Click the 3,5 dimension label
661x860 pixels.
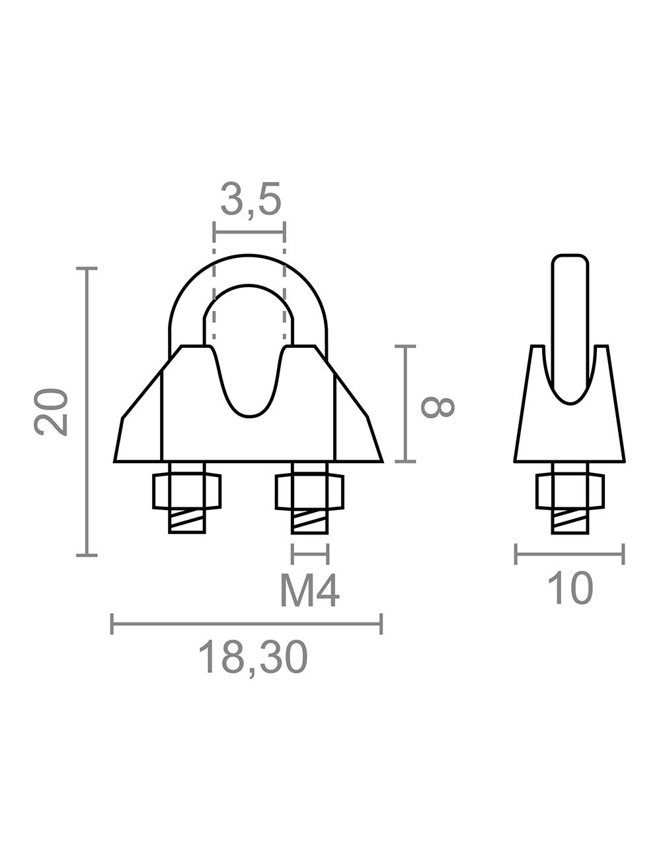tap(250, 200)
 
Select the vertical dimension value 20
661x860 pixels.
tap(52, 411)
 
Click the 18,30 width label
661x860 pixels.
tap(254, 658)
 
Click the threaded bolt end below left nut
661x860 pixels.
tap(187, 521)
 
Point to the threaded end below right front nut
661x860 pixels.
tap(309, 521)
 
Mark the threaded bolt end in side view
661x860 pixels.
tap(569, 521)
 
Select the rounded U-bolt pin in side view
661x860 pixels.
tap(570, 318)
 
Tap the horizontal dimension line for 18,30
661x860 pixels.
tap(247, 623)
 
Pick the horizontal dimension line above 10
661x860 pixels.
tap(569, 554)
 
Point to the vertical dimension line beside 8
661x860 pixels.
tap(405, 404)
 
